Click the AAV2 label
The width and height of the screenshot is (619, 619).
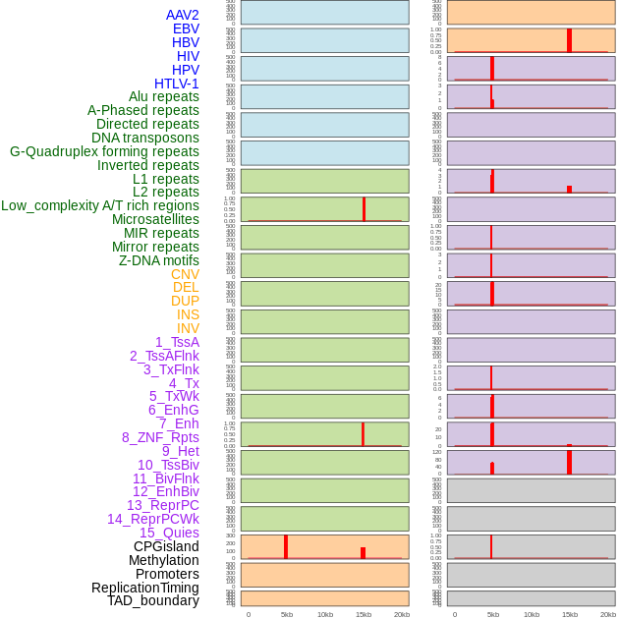click(182, 15)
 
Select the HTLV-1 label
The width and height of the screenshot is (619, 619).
click(176, 84)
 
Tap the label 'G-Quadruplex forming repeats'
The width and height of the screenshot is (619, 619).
click(104, 151)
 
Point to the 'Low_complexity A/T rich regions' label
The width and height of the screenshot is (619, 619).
click(99, 205)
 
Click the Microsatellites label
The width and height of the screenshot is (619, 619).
click(155, 219)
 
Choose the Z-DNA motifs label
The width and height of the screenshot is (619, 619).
click(158, 260)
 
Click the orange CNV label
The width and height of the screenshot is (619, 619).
click(185, 274)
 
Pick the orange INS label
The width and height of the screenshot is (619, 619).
click(188, 314)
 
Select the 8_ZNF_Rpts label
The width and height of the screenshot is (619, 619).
click(160, 437)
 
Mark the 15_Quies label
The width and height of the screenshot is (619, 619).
click(169, 533)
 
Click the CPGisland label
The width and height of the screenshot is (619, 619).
click(166, 546)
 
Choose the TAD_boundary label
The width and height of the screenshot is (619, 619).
click(152, 600)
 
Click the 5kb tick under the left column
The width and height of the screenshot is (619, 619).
click(286, 614)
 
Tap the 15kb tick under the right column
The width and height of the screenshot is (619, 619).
click(570, 614)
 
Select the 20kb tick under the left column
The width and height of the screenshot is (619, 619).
click(402, 614)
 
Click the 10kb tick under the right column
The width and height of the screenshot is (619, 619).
click(532, 614)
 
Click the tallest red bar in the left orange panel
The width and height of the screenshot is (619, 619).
click(286, 546)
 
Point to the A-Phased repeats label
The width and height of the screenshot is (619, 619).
click(142, 110)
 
